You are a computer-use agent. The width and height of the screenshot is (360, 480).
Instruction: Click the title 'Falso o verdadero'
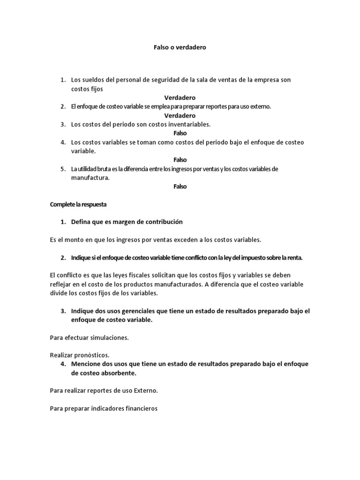tap(180, 47)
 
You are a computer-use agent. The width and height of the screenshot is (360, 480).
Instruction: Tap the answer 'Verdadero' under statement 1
tap(180, 97)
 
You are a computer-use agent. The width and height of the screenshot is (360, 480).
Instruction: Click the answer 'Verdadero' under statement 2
tap(180, 115)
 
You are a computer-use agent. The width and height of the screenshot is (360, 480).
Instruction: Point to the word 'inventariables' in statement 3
tap(188, 124)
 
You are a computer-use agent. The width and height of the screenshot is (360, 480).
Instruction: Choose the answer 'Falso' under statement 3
tap(180, 133)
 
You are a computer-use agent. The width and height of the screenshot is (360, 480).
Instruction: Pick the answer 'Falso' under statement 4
tap(180, 160)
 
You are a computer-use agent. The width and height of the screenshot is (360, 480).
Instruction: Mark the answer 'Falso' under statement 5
tap(180, 187)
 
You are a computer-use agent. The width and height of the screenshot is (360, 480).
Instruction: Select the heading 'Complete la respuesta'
tap(79, 204)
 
